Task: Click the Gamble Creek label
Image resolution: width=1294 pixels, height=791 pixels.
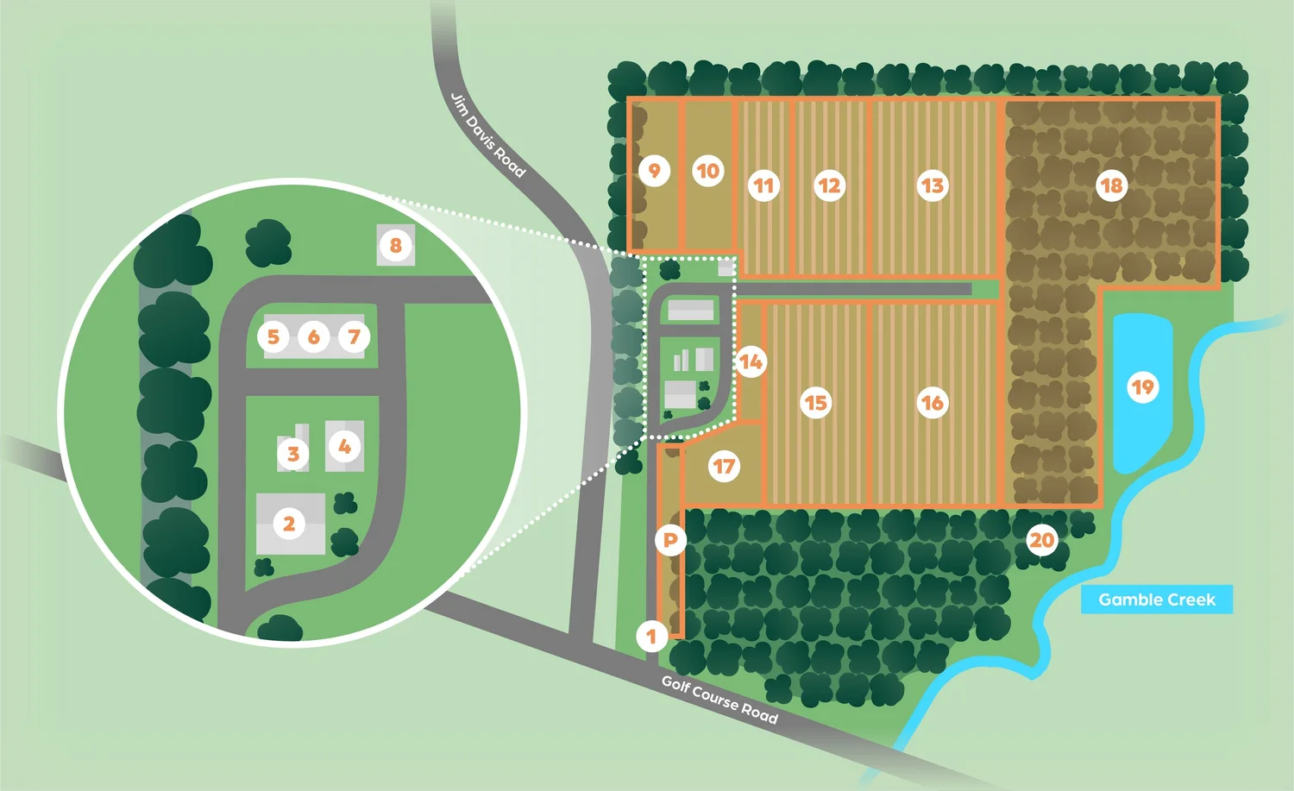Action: click(x=1156, y=600)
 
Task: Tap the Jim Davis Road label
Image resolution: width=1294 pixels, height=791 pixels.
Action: click(x=487, y=135)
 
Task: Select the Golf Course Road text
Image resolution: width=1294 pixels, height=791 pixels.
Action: click(x=719, y=700)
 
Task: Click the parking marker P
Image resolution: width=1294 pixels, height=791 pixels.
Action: click(x=670, y=541)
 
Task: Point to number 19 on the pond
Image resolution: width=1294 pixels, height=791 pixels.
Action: click(x=1142, y=387)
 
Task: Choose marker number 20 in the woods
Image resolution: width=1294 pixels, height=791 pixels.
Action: click(x=1042, y=541)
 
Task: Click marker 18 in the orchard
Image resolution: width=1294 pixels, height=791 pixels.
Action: click(x=1111, y=185)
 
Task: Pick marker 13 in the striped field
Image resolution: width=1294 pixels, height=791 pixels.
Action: click(x=932, y=185)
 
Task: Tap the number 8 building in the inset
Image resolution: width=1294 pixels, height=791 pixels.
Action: click(x=396, y=245)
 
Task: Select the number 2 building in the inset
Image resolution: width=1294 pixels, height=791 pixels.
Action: click(x=290, y=523)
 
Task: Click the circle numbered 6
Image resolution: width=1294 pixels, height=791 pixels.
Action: click(x=314, y=336)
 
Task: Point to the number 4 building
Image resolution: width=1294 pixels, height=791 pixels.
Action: click(x=344, y=446)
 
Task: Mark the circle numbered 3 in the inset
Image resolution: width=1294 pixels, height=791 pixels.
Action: click(x=293, y=454)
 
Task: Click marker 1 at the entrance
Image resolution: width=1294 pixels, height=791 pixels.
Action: click(x=651, y=637)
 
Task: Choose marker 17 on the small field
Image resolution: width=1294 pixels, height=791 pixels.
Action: click(x=724, y=468)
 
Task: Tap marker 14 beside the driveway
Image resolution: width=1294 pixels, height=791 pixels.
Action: click(x=751, y=362)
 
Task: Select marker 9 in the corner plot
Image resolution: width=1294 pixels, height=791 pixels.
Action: click(x=655, y=171)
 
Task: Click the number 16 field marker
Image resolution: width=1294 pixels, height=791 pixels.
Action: click(x=932, y=403)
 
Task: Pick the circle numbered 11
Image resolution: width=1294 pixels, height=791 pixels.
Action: click(x=763, y=185)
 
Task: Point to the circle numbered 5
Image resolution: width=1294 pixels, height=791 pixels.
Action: click(x=273, y=336)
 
